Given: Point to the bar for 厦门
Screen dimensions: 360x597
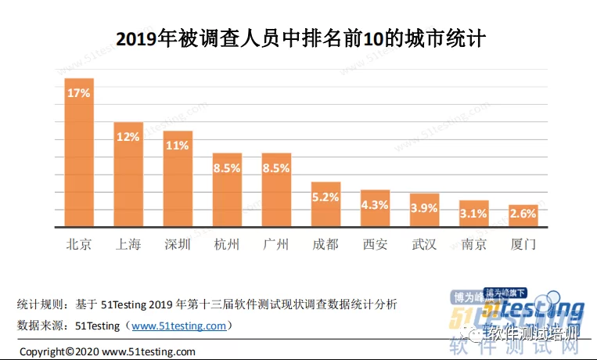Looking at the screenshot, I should point(523,218).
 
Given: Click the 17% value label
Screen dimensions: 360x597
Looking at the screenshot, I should point(79,92).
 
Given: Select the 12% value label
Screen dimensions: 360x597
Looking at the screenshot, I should point(128,136).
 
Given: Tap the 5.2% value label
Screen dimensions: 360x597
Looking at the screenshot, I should point(325,197).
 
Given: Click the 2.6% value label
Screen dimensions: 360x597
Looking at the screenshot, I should point(523,212).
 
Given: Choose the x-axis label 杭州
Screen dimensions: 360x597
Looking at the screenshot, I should point(227,244).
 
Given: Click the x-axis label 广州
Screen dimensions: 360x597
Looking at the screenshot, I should point(276,244).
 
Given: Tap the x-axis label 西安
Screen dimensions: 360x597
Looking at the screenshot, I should point(375,244).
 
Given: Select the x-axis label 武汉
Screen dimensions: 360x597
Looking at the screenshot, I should point(425,244).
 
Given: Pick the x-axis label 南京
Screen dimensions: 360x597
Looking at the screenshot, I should point(474,244).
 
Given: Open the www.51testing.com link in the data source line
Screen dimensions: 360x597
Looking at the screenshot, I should point(178,326).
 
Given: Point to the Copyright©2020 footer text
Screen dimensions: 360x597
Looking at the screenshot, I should point(107,351).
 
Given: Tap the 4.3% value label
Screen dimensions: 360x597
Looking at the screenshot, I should point(375,204).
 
